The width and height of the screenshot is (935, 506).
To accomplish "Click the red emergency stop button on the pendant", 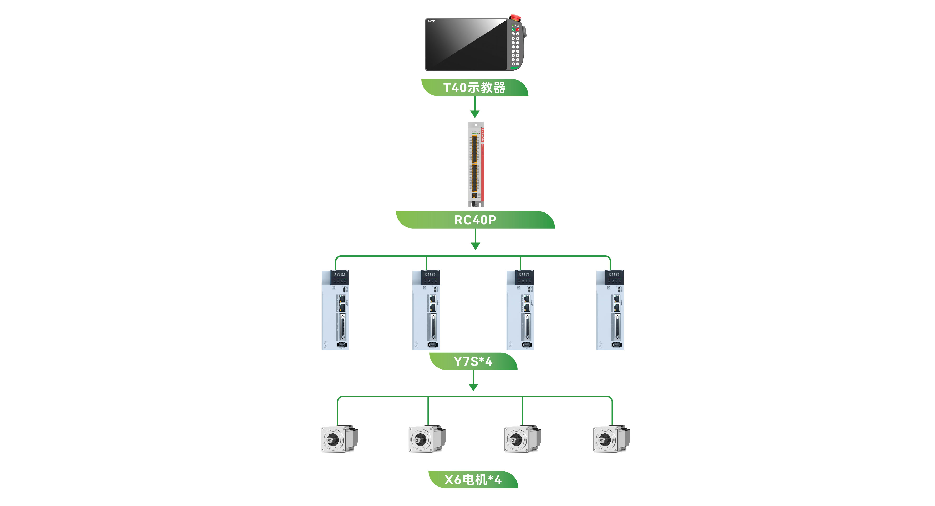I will click(x=515, y=17).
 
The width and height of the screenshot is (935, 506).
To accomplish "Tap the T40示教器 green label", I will click(x=474, y=88).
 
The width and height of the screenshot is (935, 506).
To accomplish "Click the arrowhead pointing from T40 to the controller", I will click(x=475, y=114).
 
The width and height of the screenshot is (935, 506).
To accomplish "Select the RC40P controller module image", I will click(x=476, y=164).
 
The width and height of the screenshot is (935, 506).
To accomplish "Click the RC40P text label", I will click(x=475, y=220).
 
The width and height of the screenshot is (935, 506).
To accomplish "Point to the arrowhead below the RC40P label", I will click(x=476, y=246).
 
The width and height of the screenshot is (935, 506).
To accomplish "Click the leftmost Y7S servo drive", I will click(x=335, y=310).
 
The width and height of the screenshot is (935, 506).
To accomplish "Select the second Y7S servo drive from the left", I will click(x=426, y=310).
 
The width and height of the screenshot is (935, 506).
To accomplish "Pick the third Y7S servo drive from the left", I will click(x=520, y=310).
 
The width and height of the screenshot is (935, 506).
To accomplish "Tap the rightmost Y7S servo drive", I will click(x=610, y=310).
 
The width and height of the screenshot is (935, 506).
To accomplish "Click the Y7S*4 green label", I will click(x=473, y=361).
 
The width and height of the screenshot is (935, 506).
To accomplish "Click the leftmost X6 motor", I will click(x=339, y=439).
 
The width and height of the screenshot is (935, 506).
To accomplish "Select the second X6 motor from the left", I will click(x=427, y=439).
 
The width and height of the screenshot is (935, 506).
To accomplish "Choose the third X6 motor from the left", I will click(x=523, y=439).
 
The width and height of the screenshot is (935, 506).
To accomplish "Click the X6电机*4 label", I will click(x=473, y=479).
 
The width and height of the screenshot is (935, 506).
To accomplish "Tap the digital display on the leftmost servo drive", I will click(x=340, y=275).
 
